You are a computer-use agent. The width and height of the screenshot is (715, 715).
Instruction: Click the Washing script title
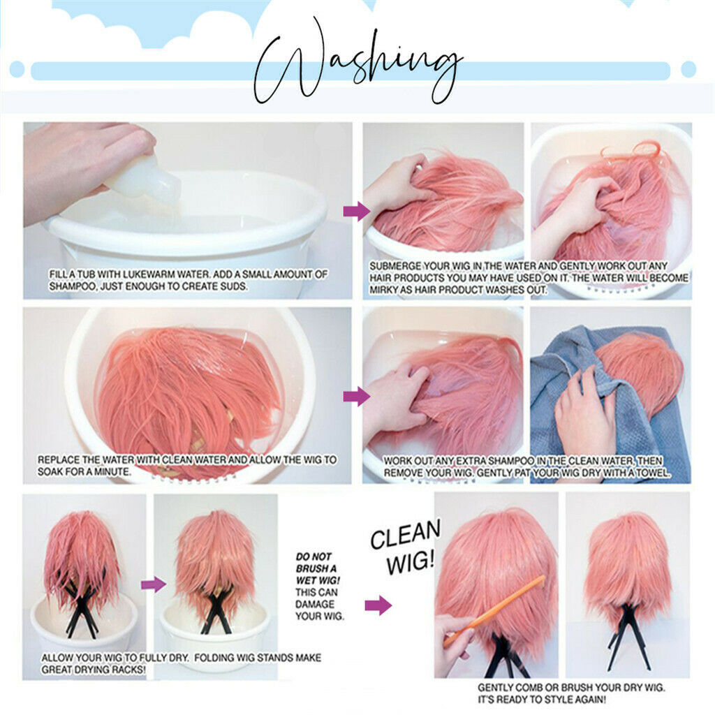358,61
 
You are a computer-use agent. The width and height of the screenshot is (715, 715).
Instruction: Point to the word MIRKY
384,290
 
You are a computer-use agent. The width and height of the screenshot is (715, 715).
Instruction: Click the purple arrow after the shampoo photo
357,211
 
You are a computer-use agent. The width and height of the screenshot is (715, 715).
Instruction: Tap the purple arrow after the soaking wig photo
357,397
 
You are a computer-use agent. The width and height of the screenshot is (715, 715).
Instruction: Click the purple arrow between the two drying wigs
153,584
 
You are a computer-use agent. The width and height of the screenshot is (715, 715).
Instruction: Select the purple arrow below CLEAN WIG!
378,605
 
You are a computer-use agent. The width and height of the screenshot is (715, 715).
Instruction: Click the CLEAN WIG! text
406,547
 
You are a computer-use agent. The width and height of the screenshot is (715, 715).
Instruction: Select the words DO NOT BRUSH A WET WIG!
318,568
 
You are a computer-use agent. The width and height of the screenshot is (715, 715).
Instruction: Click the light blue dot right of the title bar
688,69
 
